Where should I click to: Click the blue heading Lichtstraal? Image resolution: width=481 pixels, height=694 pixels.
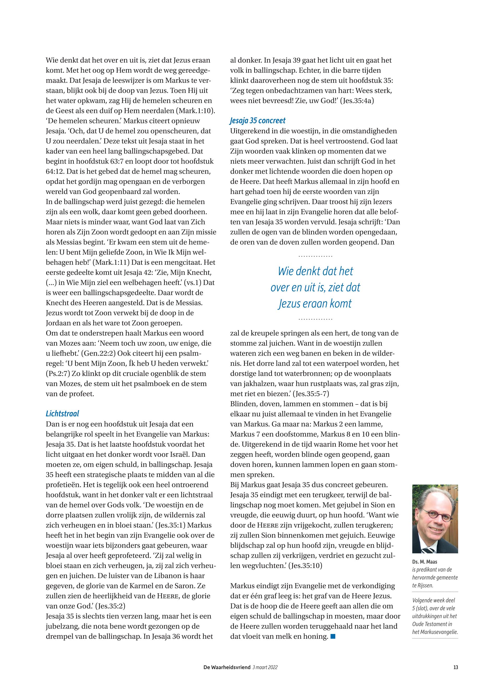coord(62,414)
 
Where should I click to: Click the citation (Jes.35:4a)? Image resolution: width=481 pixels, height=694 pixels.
coord(357,101)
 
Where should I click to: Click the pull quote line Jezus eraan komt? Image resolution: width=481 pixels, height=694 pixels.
coord(315,303)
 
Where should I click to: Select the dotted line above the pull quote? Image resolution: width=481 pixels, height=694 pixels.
coord(315,256)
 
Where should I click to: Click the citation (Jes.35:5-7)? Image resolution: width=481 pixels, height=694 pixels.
coord(313,394)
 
